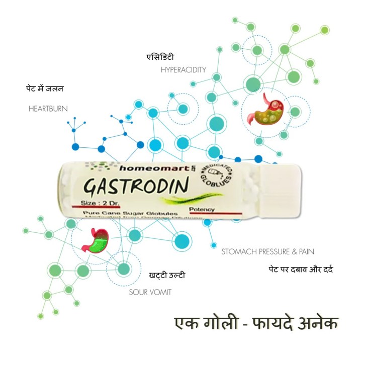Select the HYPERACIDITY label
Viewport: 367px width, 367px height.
tap(183, 70)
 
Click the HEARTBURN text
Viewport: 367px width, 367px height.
tap(48, 108)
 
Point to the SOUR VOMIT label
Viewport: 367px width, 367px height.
tap(150, 292)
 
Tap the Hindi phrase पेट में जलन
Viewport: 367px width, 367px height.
tap(45, 89)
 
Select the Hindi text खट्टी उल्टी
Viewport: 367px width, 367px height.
tap(167, 275)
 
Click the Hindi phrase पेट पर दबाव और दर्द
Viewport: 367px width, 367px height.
tap(301, 269)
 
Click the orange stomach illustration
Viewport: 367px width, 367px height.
tap(269, 110)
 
